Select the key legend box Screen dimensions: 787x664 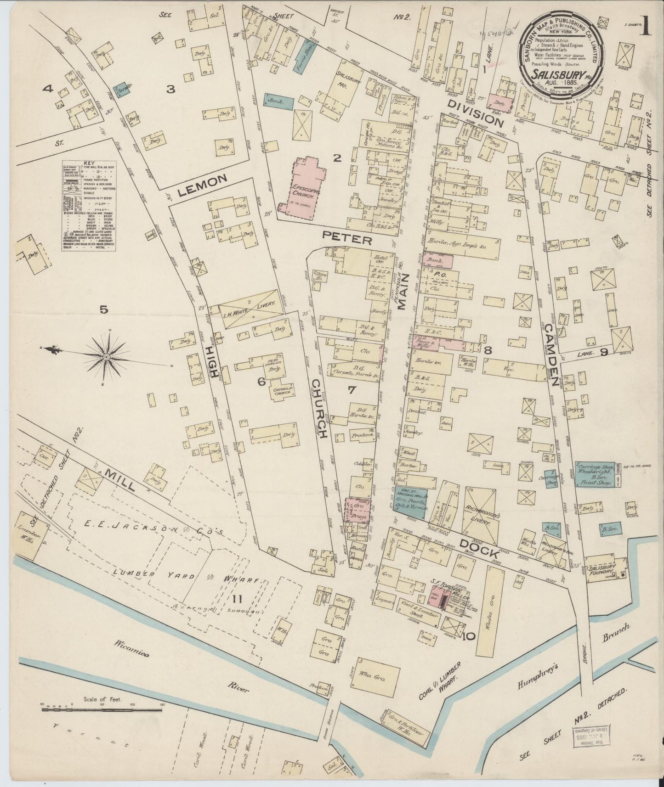coord(89,206)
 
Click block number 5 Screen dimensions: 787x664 coord(104,310)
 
